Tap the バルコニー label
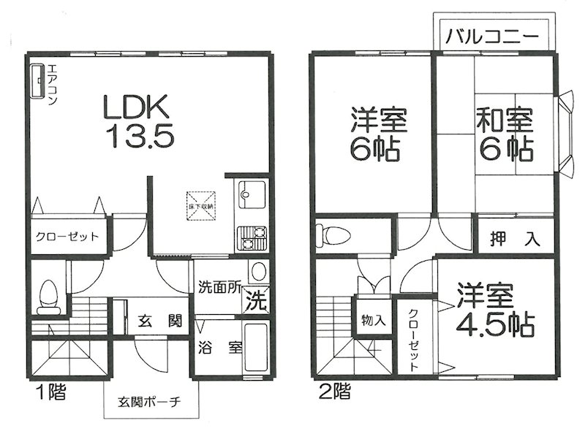pyautogui.click(x=491, y=34)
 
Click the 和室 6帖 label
pyautogui.click(x=505, y=135)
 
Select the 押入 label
pyautogui.click(x=516, y=238)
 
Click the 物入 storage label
pyautogui.click(x=371, y=319)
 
